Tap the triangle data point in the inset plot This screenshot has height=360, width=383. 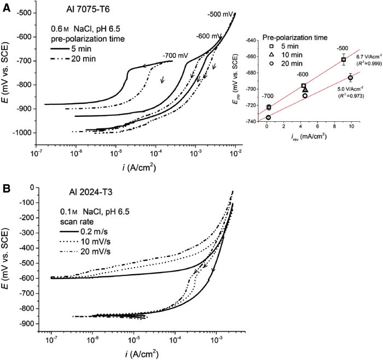click(305, 90)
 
